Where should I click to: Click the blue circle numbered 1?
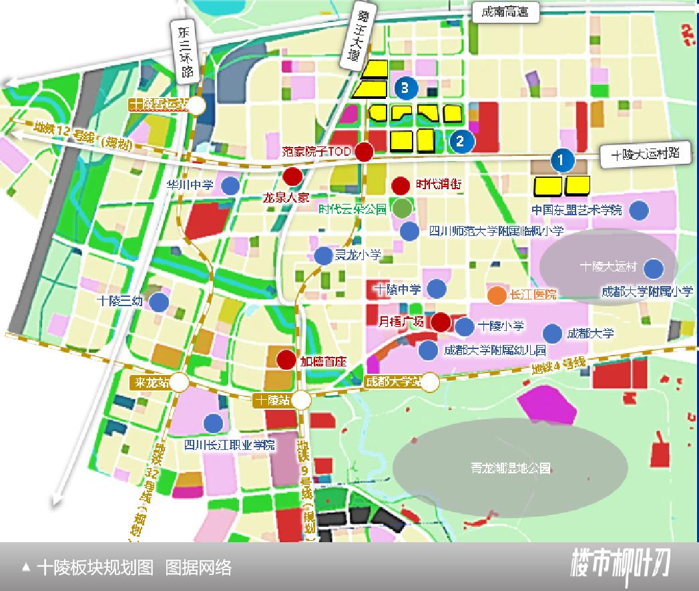(x=561, y=160)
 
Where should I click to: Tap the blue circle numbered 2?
(x=461, y=140)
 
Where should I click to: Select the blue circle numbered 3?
(x=405, y=87)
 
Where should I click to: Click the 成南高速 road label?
(x=505, y=13)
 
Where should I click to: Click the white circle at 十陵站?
(x=301, y=400)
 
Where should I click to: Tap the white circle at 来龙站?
(x=179, y=383)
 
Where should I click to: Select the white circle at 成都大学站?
(x=430, y=382)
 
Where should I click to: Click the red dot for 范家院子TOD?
(x=364, y=152)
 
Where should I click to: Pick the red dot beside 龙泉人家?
(x=292, y=177)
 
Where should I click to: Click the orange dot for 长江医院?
(x=497, y=295)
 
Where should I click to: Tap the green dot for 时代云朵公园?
(x=402, y=208)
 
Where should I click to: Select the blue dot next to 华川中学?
(x=230, y=185)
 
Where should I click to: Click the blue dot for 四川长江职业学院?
(x=213, y=423)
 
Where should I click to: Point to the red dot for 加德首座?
(x=286, y=360)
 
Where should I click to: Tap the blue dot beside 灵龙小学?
(x=323, y=255)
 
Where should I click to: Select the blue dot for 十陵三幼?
(x=158, y=302)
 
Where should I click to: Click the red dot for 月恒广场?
(x=440, y=322)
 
